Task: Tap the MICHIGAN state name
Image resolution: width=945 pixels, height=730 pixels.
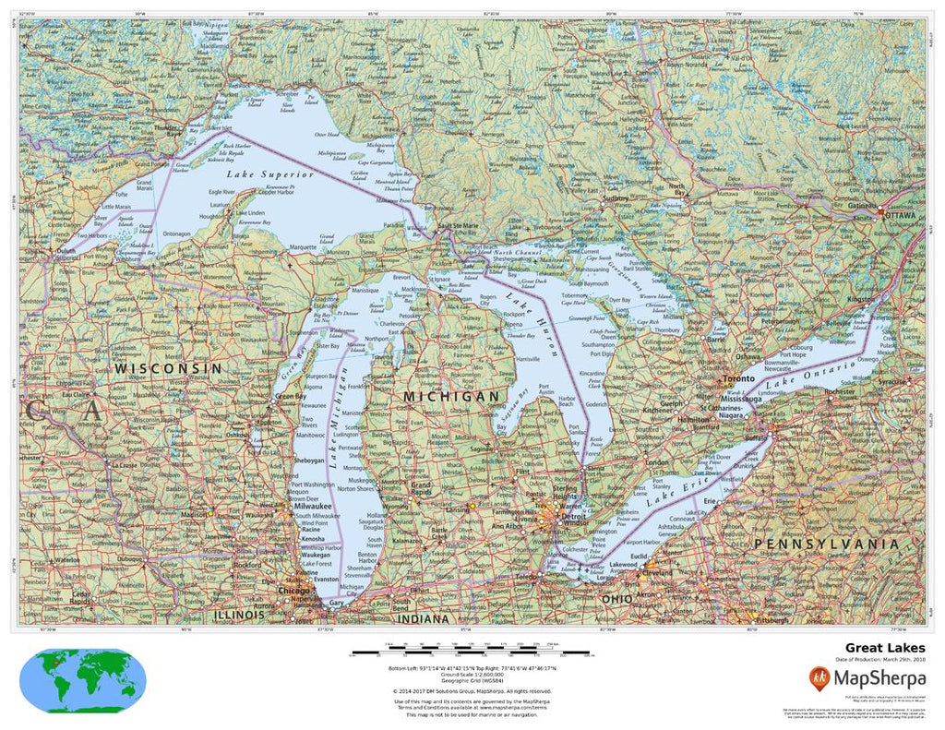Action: click(451, 395)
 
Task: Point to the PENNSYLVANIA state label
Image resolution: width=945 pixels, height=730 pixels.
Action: click(825, 545)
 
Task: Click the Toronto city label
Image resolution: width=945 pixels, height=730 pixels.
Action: click(739, 379)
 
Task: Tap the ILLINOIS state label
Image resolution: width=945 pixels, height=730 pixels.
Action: click(239, 614)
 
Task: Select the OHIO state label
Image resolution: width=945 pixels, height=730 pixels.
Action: click(616, 599)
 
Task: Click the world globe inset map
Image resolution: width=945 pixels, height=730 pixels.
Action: click(82, 676)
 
